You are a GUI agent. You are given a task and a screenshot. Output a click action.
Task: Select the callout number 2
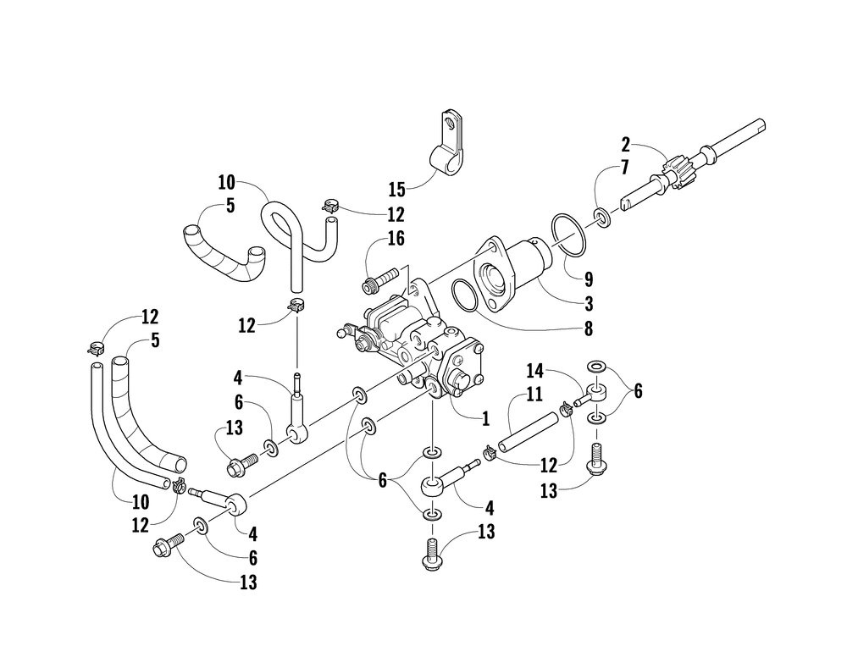click(x=626, y=143)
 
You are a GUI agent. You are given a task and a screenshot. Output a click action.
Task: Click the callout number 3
click(x=589, y=302)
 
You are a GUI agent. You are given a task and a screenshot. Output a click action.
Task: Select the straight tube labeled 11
click(x=529, y=433)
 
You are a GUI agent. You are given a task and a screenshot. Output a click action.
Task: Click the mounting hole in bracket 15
click(x=456, y=126)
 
